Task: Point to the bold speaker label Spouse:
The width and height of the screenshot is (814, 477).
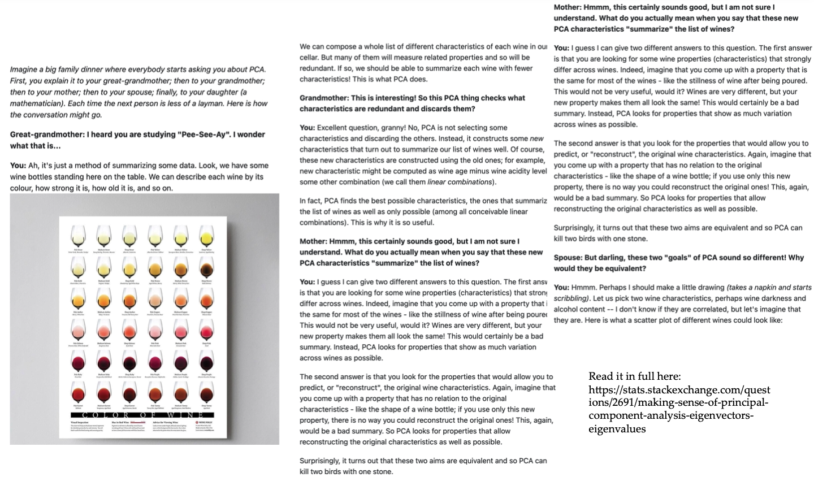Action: (x=568, y=258)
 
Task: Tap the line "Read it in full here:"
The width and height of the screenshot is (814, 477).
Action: (x=634, y=376)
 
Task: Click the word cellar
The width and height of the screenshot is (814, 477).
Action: (x=311, y=58)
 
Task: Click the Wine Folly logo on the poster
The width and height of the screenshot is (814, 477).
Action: (x=204, y=422)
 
